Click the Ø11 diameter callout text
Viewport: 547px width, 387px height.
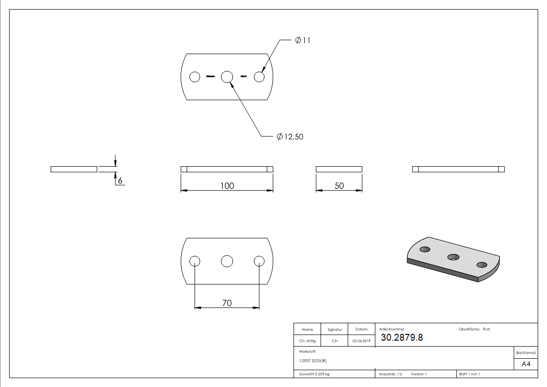[x=302, y=40]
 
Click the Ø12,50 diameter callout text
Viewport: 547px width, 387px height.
[x=290, y=137]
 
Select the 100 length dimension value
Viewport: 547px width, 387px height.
[x=227, y=186]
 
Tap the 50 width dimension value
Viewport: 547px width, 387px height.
[x=339, y=186]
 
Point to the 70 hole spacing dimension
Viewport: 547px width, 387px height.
[x=227, y=303]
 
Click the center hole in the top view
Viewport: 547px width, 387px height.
[x=227, y=77]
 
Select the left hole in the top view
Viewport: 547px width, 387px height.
[x=195, y=77]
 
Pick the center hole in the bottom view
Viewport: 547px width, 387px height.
[x=227, y=261]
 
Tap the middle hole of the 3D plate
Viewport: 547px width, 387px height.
[x=454, y=256]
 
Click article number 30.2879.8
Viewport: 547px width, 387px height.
[x=401, y=337]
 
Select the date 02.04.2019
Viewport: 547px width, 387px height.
[x=361, y=341]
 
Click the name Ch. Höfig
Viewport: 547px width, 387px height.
[x=307, y=341]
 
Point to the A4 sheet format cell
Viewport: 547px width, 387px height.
[x=526, y=364]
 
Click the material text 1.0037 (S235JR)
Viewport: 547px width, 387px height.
[x=313, y=361]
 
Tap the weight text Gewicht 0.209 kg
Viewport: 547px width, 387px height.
[x=314, y=374]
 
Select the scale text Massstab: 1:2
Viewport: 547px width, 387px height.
[x=391, y=374]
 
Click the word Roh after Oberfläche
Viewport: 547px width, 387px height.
[x=486, y=329]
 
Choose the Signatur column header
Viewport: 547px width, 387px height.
[x=335, y=329]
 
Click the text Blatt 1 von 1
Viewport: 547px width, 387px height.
[x=470, y=374]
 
